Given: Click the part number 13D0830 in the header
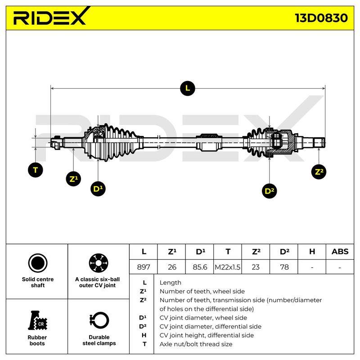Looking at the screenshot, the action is (321, 18).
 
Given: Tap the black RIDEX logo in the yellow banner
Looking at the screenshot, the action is (50, 16).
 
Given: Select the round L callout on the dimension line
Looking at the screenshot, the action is (188, 88).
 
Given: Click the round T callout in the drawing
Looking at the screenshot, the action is (36, 170).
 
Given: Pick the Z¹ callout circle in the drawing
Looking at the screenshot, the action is (73, 179).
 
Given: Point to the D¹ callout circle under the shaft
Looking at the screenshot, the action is (98, 189).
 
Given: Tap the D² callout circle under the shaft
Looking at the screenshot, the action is (269, 191).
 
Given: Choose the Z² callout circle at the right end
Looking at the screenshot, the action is (319, 172).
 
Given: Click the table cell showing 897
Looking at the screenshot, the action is (144, 267).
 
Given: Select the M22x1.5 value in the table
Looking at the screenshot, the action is (228, 267).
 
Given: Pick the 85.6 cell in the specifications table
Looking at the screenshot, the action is (200, 267).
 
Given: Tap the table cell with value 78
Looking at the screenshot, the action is (284, 267).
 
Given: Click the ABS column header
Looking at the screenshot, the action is (340, 252).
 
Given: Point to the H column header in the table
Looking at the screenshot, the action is (312, 252).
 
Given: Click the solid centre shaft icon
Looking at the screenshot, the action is (38, 263).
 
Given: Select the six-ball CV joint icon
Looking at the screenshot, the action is (99, 263).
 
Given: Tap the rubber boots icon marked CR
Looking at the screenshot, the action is (37, 320).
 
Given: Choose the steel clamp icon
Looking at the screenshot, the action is (99, 320).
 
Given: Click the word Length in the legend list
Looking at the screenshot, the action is (171, 283).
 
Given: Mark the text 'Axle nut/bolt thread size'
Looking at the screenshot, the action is (196, 344).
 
